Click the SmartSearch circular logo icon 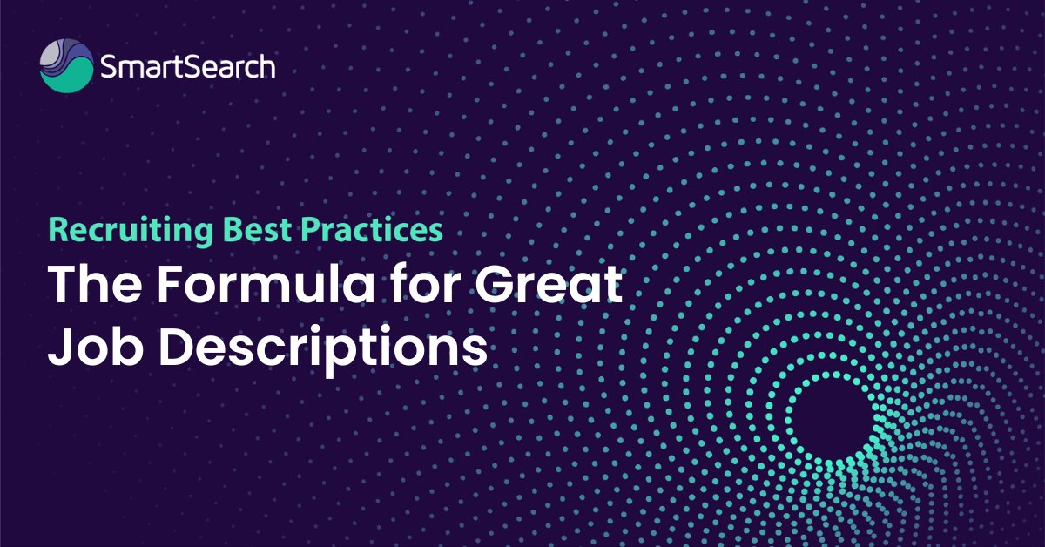point(66,66)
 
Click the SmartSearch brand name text point(187,67)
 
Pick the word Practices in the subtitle point(370,230)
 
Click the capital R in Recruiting point(57,230)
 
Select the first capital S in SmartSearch point(109,67)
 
